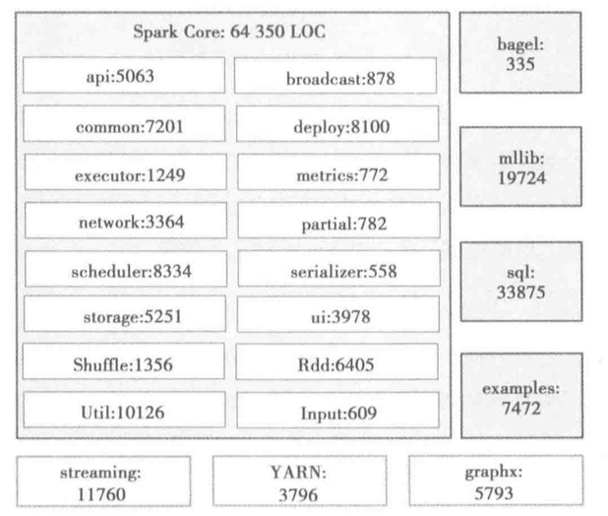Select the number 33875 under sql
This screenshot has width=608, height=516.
[x=521, y=292]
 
